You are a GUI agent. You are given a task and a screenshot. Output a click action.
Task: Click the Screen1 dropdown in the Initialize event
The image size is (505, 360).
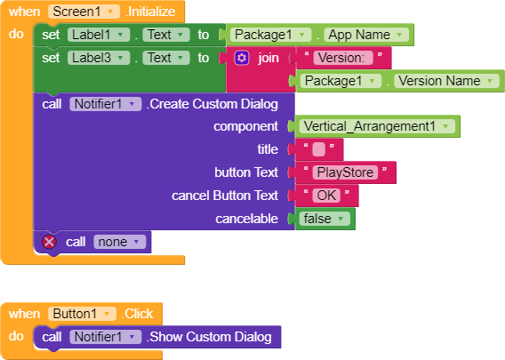(84, 12)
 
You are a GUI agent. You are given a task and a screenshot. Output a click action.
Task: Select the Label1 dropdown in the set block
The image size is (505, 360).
(99, 35)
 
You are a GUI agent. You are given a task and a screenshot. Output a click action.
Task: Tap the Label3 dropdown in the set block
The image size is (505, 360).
(99, 58)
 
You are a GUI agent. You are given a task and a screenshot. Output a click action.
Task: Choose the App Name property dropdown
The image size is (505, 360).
(366, 35)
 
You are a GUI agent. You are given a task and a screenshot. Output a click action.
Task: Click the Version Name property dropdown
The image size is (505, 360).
(446, 81)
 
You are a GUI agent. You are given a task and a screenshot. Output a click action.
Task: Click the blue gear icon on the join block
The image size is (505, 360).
(242, 58)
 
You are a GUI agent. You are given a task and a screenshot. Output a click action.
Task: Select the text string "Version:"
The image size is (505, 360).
(343, 58)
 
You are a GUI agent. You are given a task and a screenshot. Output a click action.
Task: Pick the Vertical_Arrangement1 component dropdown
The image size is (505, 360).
(377, 126)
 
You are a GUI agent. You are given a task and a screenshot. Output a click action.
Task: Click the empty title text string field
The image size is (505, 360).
(319, 149)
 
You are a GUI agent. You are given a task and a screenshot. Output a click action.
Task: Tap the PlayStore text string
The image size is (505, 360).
(345, 172)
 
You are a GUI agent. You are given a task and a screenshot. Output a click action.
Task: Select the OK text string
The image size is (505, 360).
(326, 196)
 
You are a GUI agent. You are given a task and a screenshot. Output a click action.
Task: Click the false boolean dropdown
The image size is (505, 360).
(325, 219)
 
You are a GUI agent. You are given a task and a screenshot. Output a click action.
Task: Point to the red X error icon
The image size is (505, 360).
(49, 242)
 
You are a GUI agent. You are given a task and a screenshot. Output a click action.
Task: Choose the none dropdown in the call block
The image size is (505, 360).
(119, 242)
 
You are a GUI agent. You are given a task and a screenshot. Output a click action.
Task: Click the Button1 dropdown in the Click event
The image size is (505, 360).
(82, 314)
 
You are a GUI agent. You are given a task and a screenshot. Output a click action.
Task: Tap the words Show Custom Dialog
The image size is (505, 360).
(211, 337)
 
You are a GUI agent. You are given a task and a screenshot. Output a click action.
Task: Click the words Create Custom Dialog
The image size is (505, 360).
(214, 104)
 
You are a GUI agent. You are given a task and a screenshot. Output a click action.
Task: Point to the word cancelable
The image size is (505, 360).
(246, 219)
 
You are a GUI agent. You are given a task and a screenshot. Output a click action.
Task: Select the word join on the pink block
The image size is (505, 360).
(269, 59)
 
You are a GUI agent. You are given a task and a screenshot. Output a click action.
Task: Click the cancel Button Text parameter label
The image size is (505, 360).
(225, 196)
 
